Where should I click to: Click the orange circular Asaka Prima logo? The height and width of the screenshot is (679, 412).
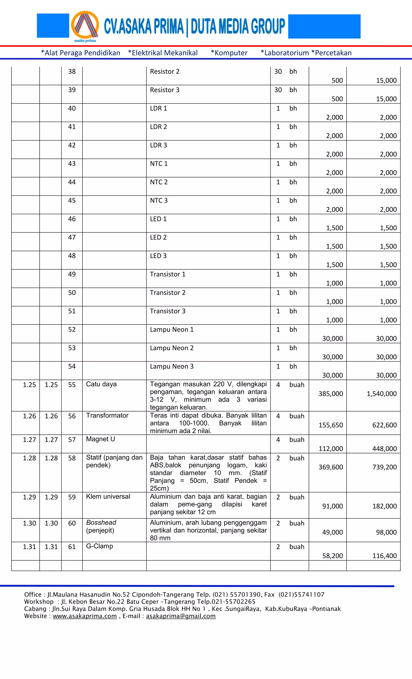click(x=85, y=26)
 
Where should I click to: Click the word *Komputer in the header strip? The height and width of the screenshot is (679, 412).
click(x=229, y=53)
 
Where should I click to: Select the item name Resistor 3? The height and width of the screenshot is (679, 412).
click(x=164, y=90)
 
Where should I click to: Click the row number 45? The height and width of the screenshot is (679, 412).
click(x=72, y=201)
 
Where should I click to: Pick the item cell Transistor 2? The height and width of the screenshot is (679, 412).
click(x=167, y=293)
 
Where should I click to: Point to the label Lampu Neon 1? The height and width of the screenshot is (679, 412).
click(x=172, y=330)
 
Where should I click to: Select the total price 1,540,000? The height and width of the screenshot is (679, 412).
click(x=381, y=394)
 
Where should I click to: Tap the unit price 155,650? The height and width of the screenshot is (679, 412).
click(x=331, y=425)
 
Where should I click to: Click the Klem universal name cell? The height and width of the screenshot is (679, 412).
click(x=108, y=497)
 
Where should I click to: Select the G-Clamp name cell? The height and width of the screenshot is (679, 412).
click(x=99, y=546)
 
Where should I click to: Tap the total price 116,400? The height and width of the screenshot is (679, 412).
click(x=384, y=556)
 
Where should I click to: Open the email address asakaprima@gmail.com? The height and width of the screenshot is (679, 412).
click(x=181, y=616)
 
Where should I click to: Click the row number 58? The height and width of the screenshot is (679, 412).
click(x=72, y=458)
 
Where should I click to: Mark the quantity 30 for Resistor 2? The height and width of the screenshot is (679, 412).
click(x=278, y=72)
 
